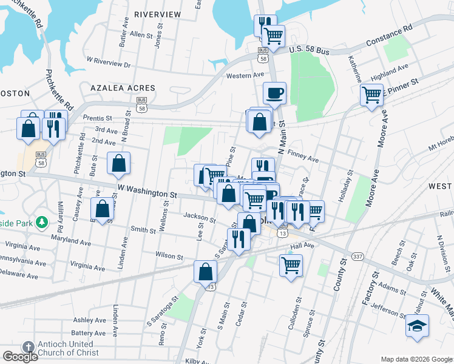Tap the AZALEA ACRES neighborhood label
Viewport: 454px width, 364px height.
123,88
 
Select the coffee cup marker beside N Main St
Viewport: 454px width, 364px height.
274,93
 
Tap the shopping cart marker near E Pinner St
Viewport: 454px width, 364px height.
371,95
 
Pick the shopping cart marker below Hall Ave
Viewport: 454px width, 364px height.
291,265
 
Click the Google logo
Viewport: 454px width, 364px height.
20,357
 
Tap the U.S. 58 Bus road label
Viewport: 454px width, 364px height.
309,51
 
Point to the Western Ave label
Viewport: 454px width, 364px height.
245,75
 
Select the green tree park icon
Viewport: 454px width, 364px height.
42,223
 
